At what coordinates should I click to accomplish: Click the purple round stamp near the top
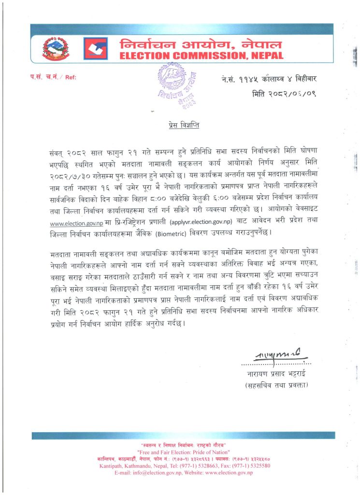(x=178, y=87)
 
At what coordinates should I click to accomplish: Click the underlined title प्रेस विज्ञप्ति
(x=180, y=125)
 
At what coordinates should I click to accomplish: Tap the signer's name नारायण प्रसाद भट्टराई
(x=276, y=374)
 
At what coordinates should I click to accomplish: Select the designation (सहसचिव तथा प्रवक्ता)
(x=276, y=385)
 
